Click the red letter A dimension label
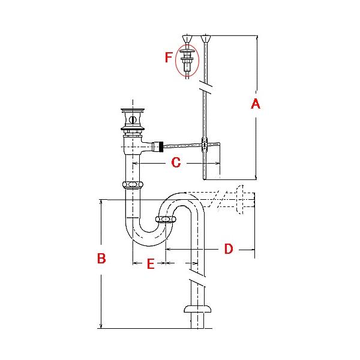(x=255, y=104)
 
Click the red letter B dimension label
(x=101, y=259)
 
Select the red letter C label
(x=175, y=162)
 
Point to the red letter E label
(x=151, y=263)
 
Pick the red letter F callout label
(x=168, y=58)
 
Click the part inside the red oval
(x=187, y=59)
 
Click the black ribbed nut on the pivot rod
(x=159, y=146)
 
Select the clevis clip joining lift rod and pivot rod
(x=205, y=144)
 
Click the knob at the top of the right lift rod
(x=207, y=40)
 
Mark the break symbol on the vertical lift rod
(x=207, y=91)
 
